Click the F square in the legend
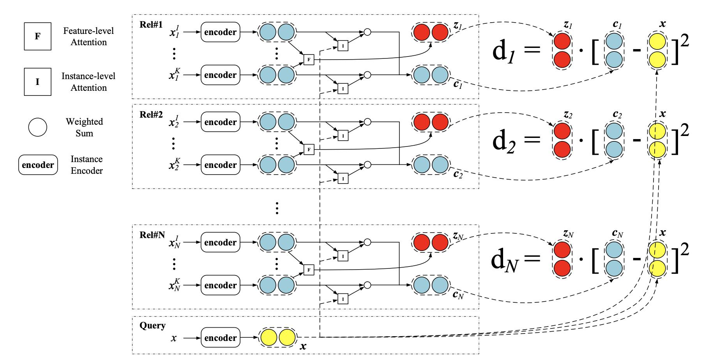tap(37, 36)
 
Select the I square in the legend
tap(37, 82)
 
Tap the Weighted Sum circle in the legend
tap(37, 127)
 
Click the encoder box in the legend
tap(38, 165)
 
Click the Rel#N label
tap(152, 235)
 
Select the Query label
tap(152, 325)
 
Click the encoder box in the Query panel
tap(220, 338)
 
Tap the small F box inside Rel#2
tap(309, 149)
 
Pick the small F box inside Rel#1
tap(309, 60)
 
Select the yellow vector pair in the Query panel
tap(277, 338)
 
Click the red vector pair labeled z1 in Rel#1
tap(431, 32)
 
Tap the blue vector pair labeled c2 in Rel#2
tap(431, 165)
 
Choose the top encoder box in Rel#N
tap(220, 242)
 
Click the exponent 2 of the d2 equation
tap(684, 130)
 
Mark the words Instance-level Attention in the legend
tap(88, 82)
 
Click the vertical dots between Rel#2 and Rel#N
tap(277, 208)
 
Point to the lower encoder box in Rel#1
tap(220, 75)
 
